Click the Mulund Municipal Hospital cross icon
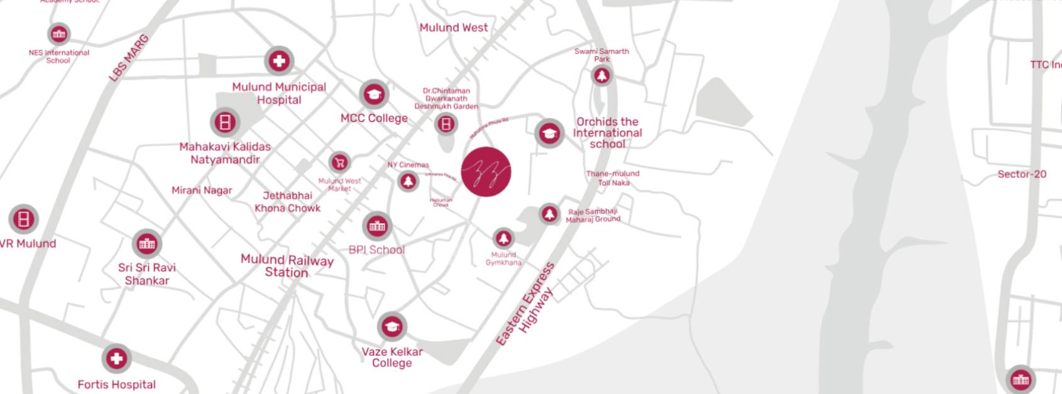pos(279,61)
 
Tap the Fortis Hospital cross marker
pos(116,359)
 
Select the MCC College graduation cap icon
pos(375,95)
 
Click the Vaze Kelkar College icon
pos(392,327)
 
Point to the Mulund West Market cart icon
pos(339,163)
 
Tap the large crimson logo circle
pos(486,172)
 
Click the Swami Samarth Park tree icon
pos(602,76)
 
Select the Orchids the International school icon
pos(549,134)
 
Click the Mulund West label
pos(454,28)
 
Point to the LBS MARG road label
pos(129,58)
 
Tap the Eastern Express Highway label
pos(526,305)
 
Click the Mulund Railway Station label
pos(287,266)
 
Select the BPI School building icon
pos(377,226)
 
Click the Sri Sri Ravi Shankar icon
pos(147,244)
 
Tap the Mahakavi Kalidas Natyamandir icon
pos(225,122)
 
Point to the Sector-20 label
pos(1022,174)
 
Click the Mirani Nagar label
pos(202,190)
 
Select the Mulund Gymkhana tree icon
pos(503,238)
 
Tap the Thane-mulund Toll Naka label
pos(613,178)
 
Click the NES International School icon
pos(59,34)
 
